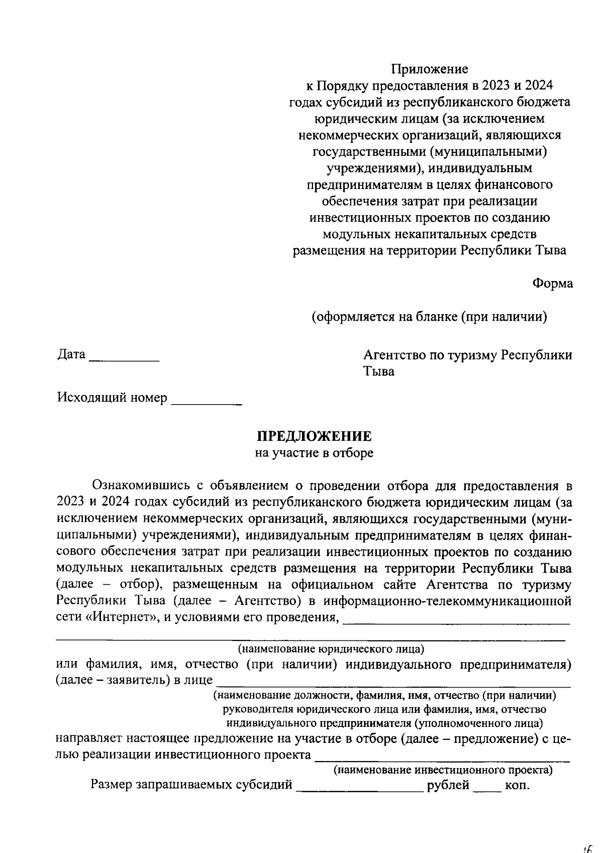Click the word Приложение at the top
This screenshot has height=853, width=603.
point(430,69)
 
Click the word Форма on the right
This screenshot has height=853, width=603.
point(552,283)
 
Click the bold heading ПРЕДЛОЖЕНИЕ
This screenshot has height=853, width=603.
point(315,436)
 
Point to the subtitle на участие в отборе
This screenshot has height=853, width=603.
point(314,453)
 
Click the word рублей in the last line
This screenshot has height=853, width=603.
point(448,785)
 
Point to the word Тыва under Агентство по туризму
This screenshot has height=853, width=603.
point(379,372)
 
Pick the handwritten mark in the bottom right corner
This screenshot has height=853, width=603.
point(589,847)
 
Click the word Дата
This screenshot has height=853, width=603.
point(71,355)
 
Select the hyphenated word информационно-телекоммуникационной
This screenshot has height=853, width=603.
point(447,602)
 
